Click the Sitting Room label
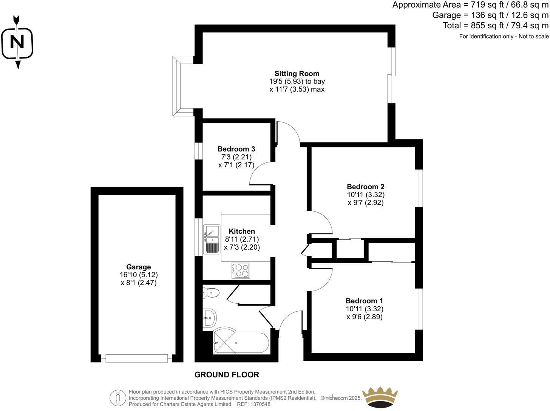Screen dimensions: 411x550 tap(297, 74)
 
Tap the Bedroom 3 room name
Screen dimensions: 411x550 tap(236, 149)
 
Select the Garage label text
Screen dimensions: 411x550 tap(139, 267)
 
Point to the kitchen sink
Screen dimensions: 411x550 tap(212, 239)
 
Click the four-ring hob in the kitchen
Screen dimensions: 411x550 tap(241, 270)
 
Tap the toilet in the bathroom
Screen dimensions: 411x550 tap(211, 292)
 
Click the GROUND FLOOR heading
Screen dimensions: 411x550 tap(227, 375)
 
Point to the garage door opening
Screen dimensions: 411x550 tap(137, 358)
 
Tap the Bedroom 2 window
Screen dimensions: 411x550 tap(419, 188)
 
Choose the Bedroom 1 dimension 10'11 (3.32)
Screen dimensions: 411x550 tap(364, 309)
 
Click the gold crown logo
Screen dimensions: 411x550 tap(380, 397)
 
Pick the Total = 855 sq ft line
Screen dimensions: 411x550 tap(496, 26)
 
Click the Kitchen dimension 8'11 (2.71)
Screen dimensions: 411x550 tap(242, 239)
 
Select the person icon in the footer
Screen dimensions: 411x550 tap(118, 398)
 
